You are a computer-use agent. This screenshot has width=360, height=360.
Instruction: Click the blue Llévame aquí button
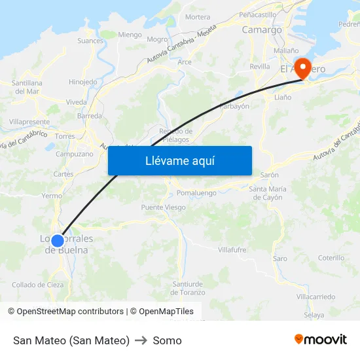tap(180, 160)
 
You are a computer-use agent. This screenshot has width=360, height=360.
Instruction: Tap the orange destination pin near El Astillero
tap(303, 68)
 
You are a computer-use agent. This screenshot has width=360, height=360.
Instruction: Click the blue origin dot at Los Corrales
tap(58, 241)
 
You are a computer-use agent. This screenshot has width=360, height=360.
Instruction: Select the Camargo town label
tap(262, 29)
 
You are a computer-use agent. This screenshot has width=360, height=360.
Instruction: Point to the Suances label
tap(90, 41)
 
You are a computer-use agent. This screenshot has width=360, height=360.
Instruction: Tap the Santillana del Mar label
tap(27, 87)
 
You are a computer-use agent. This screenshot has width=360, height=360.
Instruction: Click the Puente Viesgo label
tap(164, 207)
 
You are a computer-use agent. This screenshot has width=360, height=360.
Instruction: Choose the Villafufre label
tap(232, 249)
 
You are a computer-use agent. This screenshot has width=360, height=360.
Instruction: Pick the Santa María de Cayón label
tap(266, 193)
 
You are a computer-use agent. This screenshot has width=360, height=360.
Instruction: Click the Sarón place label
tap(270, 175)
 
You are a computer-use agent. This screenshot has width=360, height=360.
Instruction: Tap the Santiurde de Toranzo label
tap(189, 288)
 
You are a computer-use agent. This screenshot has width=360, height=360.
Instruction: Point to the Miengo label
tap(130, 35)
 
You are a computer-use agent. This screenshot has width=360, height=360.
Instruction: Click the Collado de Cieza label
tap(38, 285)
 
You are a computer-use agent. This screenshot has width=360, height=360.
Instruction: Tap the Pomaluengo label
tap(196, 193)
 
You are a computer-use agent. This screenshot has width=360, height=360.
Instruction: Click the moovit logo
tap(321, 339)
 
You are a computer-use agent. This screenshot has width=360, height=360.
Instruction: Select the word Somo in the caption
tap(167, 340)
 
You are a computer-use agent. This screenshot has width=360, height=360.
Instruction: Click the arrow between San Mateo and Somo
tap(141, 340)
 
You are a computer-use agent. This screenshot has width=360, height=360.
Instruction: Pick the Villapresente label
tap(29, 122)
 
